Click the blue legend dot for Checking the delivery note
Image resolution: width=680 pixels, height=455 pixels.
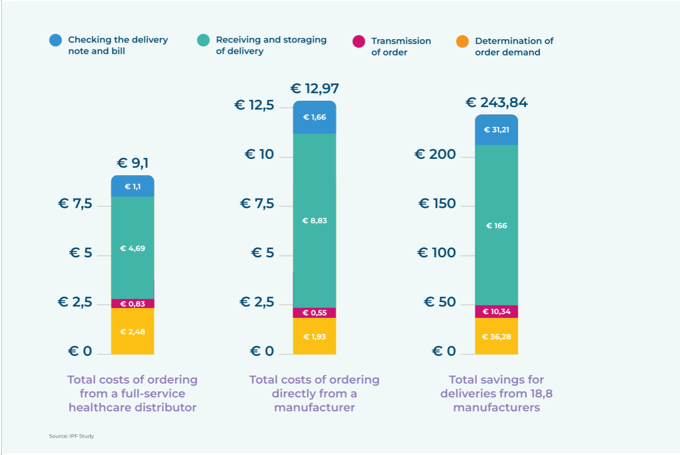pos(56,40)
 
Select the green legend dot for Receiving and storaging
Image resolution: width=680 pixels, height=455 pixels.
pos(203,40)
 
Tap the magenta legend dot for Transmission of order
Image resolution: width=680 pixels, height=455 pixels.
pos(359,41)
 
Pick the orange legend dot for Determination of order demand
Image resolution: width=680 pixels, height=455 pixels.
pos(463,41)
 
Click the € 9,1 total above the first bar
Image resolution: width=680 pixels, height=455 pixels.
pos(132,163)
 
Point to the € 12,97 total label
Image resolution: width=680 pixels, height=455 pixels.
pos(315,88)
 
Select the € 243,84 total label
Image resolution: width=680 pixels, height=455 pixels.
pos(496,103)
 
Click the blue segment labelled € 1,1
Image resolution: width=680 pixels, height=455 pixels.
pos(132,187)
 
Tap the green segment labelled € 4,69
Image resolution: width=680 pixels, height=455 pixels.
pos(132,248)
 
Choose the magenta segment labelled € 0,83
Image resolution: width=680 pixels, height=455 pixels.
pos(132,304)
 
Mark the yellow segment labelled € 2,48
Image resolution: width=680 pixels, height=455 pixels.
pos(132,331)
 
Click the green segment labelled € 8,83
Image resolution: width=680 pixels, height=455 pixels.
pos(314,220)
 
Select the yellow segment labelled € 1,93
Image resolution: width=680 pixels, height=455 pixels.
pos(314,336)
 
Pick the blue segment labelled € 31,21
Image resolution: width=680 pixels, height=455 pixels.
pos(496,130)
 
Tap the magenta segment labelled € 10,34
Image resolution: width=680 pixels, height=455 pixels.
pos(496,311)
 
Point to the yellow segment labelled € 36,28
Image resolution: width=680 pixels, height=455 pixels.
pos(496,336)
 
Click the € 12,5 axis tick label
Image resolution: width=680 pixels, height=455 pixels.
pos(254,105)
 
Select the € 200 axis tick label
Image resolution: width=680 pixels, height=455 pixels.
pos(435,155)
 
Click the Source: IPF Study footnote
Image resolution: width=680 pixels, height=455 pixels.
pos(72,436)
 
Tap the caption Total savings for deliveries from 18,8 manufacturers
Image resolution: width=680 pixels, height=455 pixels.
pos(496,393)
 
